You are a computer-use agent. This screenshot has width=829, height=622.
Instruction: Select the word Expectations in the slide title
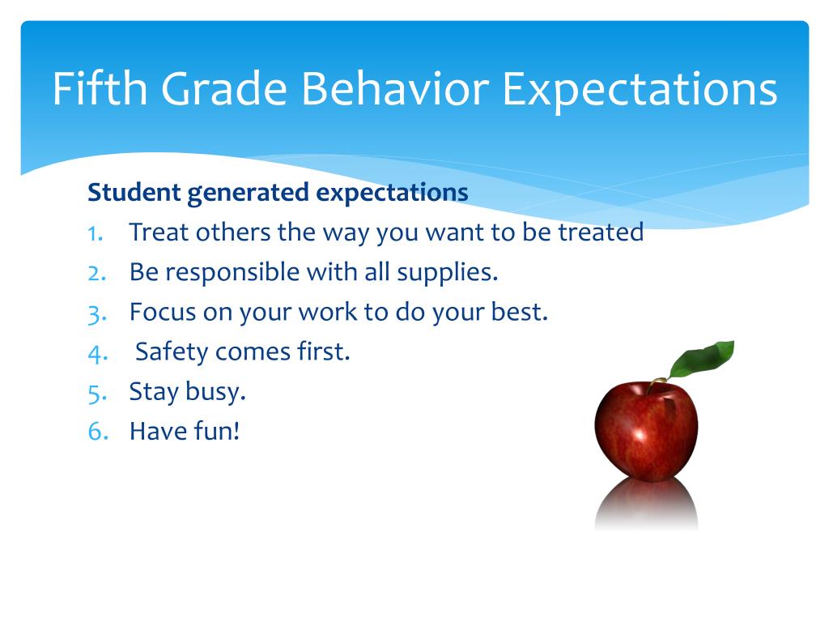click(x=640, y=90)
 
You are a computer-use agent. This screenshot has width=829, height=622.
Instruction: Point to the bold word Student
click(x=134, y=193)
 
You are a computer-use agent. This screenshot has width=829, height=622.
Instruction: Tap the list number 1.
click(x=95, y=233)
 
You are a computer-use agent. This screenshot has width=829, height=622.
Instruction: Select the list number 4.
click(x=96, y=352)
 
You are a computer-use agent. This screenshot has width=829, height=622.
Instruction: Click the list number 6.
click(x=96, y=432)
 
